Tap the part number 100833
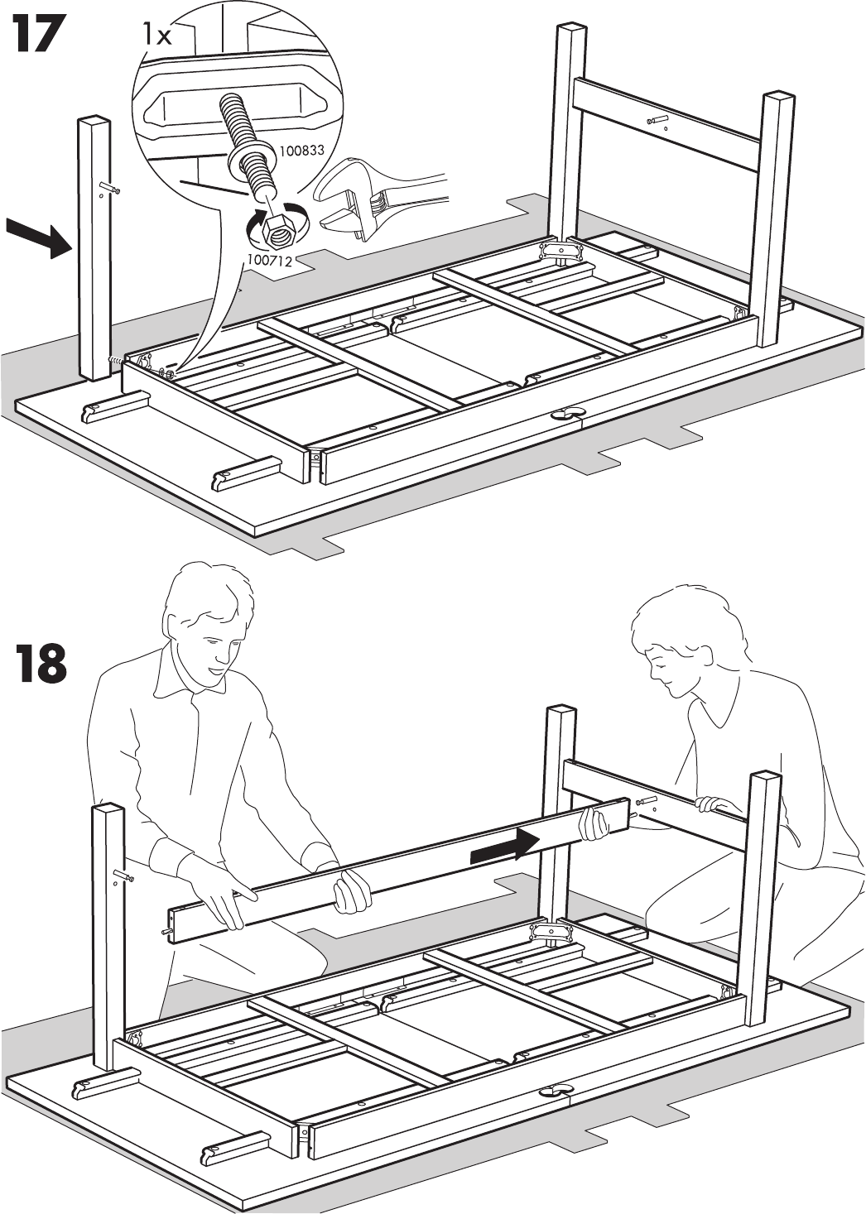tap(301, 151)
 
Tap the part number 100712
tap(270, 260)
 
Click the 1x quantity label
tap(156, 34)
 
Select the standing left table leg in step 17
tap(94, 248)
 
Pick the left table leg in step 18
tap(108, 935)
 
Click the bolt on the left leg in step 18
tap(123, 876)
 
